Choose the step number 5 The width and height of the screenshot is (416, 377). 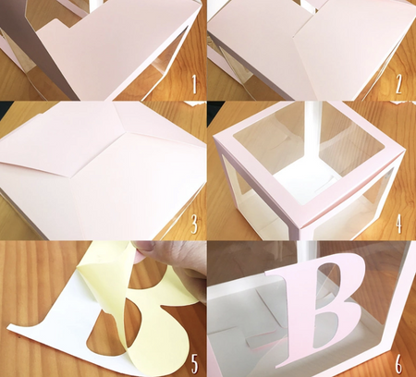(x=193, y=362)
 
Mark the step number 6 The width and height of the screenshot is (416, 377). (x=398, y=362)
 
